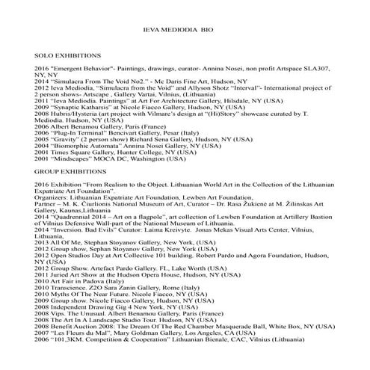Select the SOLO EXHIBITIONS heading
pos(68,57)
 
